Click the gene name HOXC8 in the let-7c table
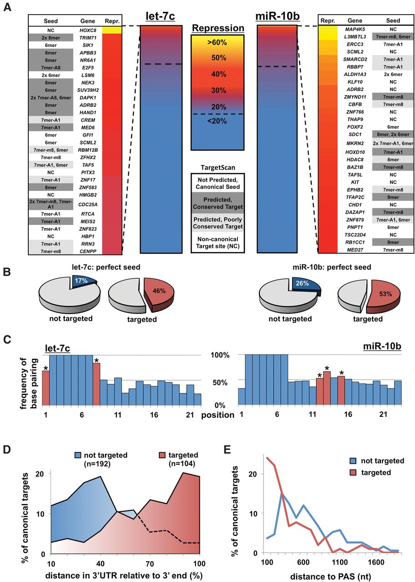coord(88,30)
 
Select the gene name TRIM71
coord(88,38)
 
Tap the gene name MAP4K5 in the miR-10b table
coord(355,30)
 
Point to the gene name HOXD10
coord(355,152)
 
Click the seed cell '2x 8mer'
coord(51,38)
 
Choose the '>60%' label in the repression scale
coord(217,42)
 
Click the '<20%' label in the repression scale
coord(217,121)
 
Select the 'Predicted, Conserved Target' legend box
coord(218,203)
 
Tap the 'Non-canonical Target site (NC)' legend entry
coord(218,243)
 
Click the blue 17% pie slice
coord(84,281)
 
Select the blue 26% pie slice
coord(306,285)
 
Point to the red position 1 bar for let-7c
coord(46,388)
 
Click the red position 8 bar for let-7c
coord(96,384)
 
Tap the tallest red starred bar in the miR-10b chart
coord(327,388)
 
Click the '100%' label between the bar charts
coord(220,355)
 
